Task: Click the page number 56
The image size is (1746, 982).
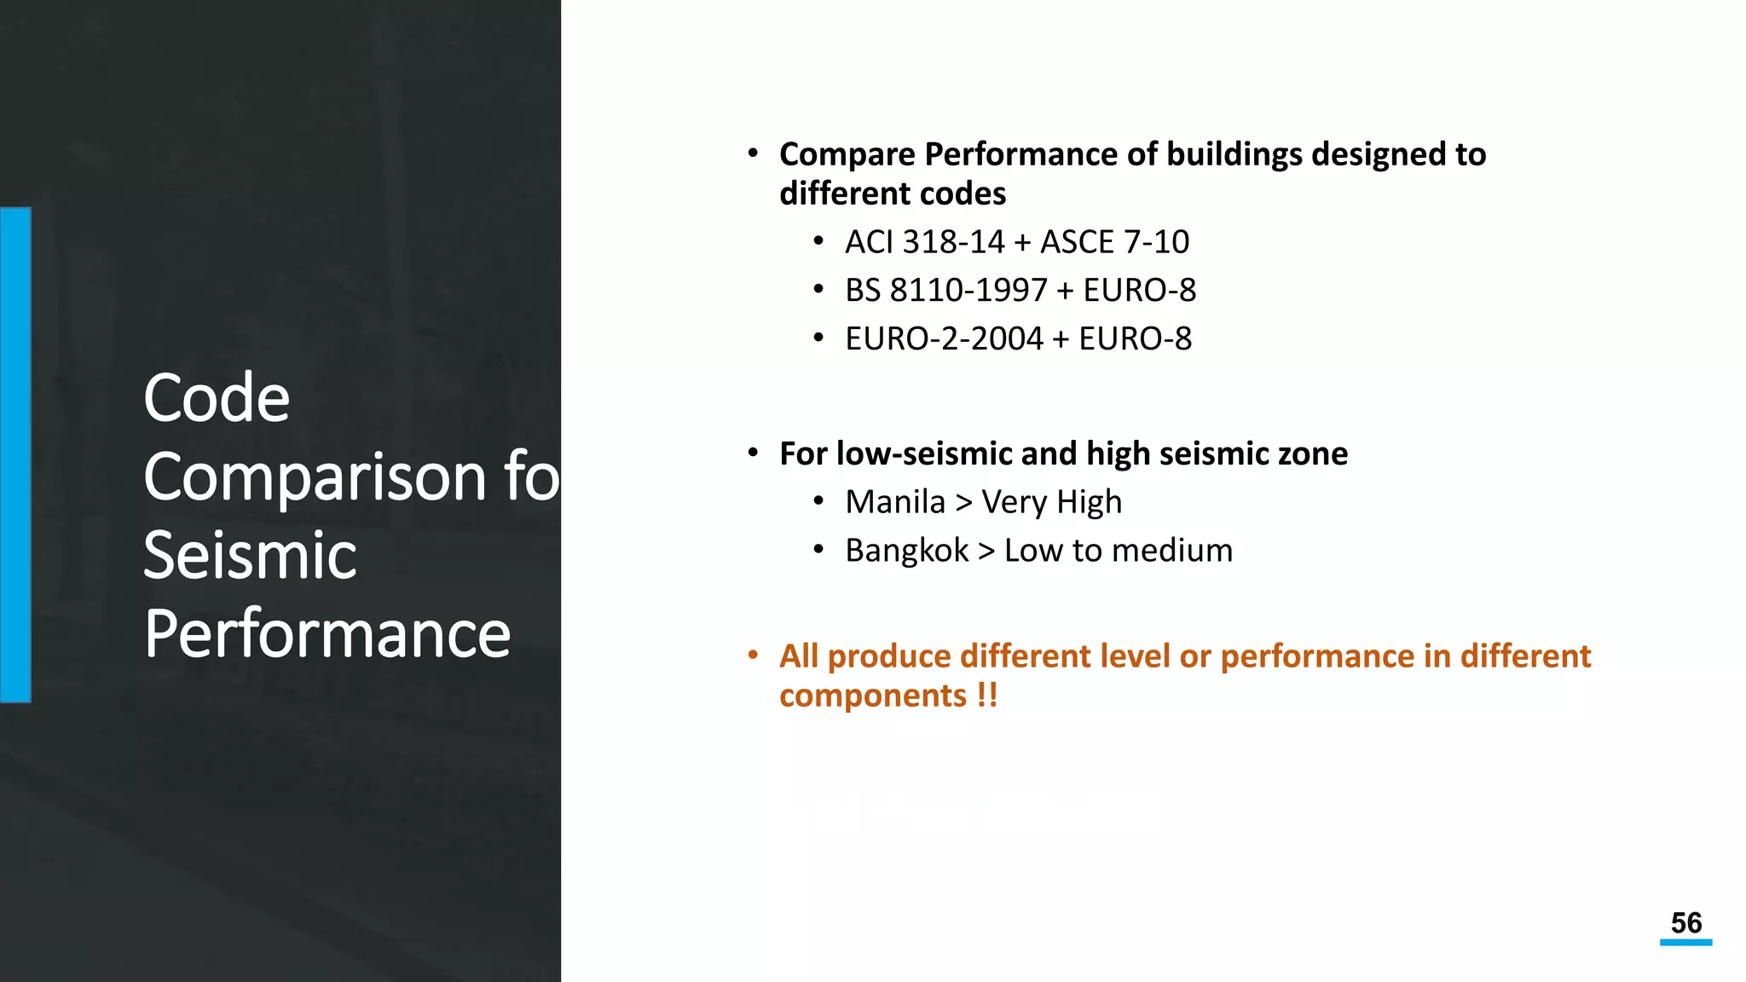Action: point(1685,923)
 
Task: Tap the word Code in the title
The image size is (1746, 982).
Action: point(217,398)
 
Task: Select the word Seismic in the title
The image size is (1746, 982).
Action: point(250,555)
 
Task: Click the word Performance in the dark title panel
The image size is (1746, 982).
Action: point(327,634)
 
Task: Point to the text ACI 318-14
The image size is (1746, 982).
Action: point(925,242)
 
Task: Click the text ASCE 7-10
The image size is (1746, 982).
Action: point(1114,242)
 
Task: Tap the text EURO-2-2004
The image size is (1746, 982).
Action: point(944,339)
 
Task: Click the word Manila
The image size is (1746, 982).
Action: point(895,502)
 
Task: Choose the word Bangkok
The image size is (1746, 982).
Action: point(907,551)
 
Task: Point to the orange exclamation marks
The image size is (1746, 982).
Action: point(987,696)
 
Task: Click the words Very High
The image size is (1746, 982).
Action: point(1051,502)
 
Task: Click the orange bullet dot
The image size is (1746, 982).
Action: point(753,656)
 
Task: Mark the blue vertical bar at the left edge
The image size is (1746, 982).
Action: point(15,454)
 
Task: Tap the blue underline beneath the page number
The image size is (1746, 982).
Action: point(1685,943)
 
